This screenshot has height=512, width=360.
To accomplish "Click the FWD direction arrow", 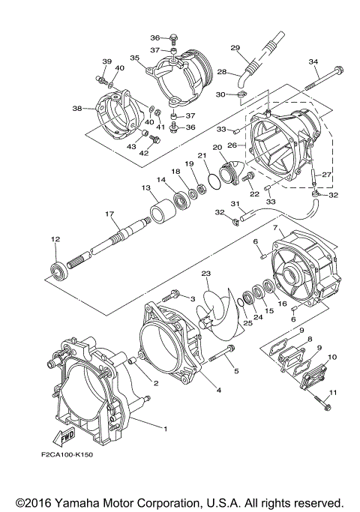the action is coord(64,438).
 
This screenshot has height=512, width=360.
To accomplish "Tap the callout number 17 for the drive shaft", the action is coord(109,214).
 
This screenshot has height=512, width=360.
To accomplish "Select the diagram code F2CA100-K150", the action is coord(67,454).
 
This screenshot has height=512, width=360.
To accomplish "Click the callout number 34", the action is coord(313,61).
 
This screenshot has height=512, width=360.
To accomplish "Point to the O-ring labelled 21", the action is coord(214,182).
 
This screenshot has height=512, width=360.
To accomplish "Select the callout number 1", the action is coord(165,429).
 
